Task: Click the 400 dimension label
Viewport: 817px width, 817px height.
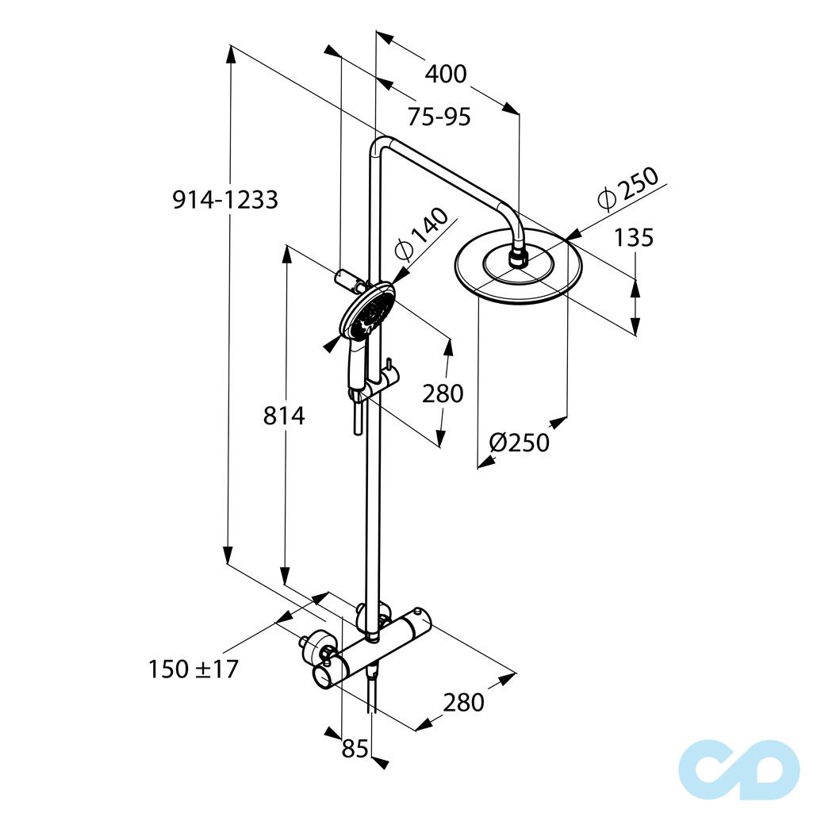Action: pyautogui.click(x=446, y=74)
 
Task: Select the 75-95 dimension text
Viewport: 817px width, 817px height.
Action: pyautogui.click(x=439, y=117)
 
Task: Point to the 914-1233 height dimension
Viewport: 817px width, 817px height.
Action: pyautogui.click(x=225, y=200)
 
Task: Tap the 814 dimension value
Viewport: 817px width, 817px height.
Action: pyautogui.click(x=284, y=416)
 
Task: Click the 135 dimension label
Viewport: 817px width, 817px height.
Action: pyautogui.click(x=634, y=238)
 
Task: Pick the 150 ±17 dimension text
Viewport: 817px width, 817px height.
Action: pyautogui.click(x=194, y=669)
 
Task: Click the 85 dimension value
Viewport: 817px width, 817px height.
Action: pyautogui.click(x=355, y=749)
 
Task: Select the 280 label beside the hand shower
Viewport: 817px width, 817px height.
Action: pyautogui.click(x=443, y=393)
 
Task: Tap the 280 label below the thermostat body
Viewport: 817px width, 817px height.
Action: pyautogui.click(x=463, y=702)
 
